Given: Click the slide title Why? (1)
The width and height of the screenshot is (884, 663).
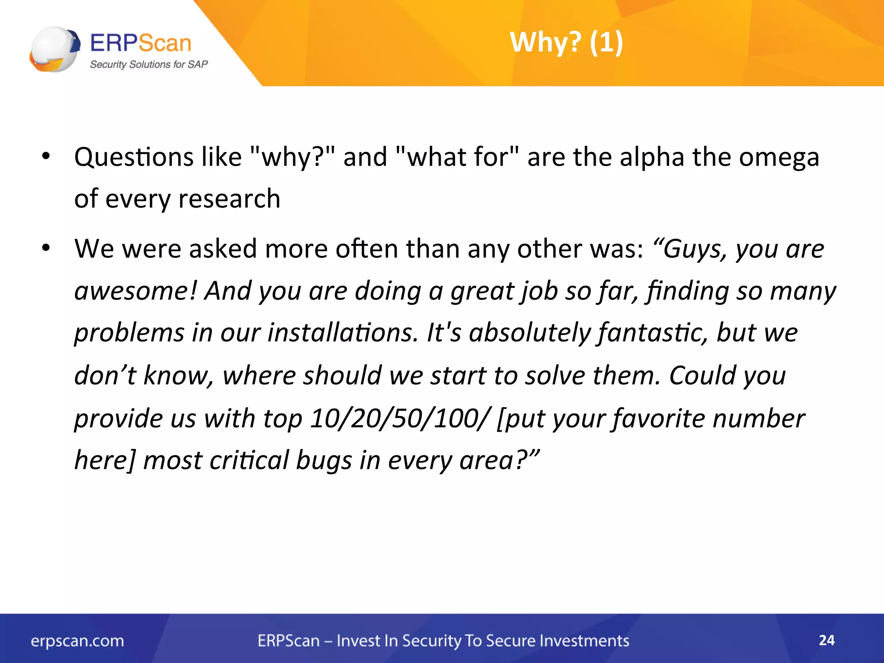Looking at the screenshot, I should pyautogui.click(x=566, y=42).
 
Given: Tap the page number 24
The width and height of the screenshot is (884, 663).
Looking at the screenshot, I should pyautogui.click(x=827, y=640).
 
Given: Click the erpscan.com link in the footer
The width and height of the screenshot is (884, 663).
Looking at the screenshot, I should pyautogui.click(x=77, y=641).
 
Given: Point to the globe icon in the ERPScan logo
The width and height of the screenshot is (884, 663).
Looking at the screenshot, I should pyautogui.click(x=54, y=49).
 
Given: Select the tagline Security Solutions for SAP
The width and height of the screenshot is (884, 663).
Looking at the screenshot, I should pyautogui.click(x=148, y=64).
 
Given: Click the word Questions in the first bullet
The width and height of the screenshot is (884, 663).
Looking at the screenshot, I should pyautogui.click(x=134, y=157).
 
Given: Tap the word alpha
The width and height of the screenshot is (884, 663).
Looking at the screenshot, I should pyautogui.click(x=652, y=157).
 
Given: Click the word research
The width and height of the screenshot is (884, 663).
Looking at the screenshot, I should pyautogui.click(x=229, y=199).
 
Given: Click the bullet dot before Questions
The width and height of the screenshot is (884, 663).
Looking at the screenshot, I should pyautogui.click(x=46, y=156).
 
